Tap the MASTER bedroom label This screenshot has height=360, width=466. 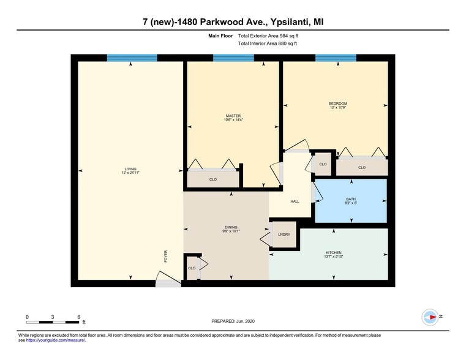(x=233, y=116)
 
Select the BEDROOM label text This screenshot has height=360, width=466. (x=338, y=103)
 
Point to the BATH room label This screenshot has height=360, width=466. (x=350, y=198)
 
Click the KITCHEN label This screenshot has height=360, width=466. (x=334, y=252)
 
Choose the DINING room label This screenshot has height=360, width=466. (x=230, y=227)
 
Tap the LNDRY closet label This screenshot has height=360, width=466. (x=284, y=234)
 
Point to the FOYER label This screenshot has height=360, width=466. (x=165, y=257)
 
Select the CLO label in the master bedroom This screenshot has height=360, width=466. (x=213, y=179)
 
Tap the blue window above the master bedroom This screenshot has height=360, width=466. (x=233, y=58)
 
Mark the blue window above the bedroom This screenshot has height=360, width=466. (x=336, y=58)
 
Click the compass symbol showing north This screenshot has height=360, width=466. (x=430, y=317)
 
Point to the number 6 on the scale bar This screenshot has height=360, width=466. (x=79, y=317)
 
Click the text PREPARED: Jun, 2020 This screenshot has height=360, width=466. (x=236, y=321)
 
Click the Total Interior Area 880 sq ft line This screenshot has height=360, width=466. (x=267, y=43)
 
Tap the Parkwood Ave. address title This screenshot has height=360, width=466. (x=233, y=22)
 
